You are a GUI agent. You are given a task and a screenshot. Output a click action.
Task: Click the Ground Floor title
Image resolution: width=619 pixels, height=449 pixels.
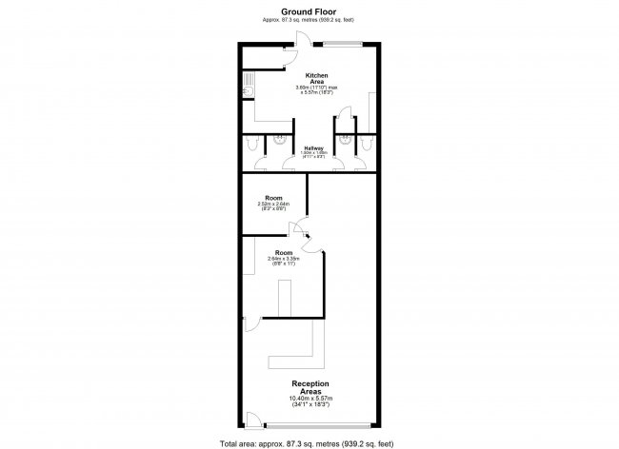309,10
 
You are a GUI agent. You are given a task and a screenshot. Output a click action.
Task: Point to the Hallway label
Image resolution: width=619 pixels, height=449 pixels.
314,148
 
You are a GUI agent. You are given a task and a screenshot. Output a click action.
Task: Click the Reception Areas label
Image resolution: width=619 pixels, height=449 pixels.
310,387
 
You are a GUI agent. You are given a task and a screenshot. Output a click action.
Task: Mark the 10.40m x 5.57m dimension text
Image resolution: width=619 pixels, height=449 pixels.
310,399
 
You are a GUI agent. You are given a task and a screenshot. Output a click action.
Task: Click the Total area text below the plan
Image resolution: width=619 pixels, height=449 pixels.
309,442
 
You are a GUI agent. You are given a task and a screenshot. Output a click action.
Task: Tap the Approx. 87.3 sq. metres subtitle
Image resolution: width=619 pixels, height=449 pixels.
309,19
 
